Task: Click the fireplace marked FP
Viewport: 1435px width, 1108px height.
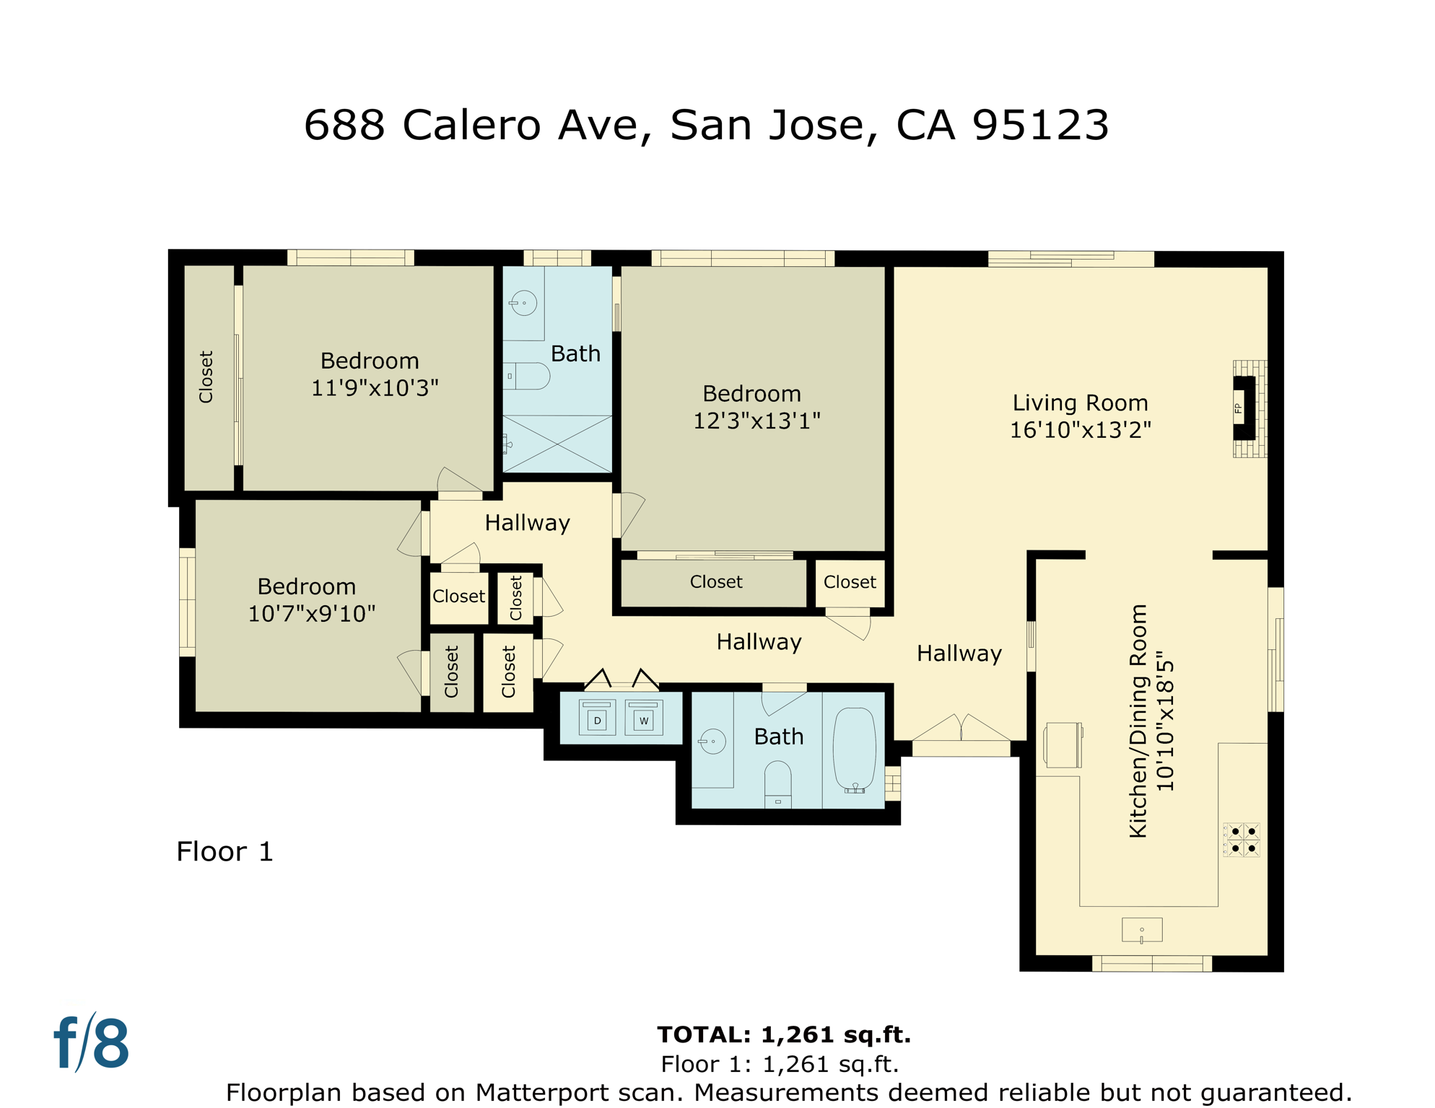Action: [x=1244, y=408]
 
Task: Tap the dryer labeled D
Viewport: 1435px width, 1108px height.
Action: [x=597, y=718]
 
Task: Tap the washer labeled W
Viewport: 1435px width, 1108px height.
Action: [x=643, y=718]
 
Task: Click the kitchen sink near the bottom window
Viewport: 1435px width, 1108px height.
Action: [x=1141, y=930]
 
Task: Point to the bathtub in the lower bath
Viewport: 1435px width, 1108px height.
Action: [x=854, y=750]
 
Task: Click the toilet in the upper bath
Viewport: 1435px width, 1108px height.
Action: [x=528, y=376]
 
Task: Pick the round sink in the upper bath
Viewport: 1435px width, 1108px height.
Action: [x=524, y=303]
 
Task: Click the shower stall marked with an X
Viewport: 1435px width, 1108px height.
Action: [x=557, y=444]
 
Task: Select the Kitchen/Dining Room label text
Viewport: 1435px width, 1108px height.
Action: [x=1138, y=721]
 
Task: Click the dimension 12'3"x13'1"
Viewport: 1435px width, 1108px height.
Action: [x=756, y=421]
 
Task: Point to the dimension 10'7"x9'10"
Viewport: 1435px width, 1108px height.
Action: [x=311, y=614]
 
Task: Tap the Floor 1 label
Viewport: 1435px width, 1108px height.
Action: [x=224, y=851]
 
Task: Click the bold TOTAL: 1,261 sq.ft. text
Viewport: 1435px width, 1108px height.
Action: [x=783, y=1034]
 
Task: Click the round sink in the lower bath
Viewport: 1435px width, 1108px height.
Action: [x=712, y=742]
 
